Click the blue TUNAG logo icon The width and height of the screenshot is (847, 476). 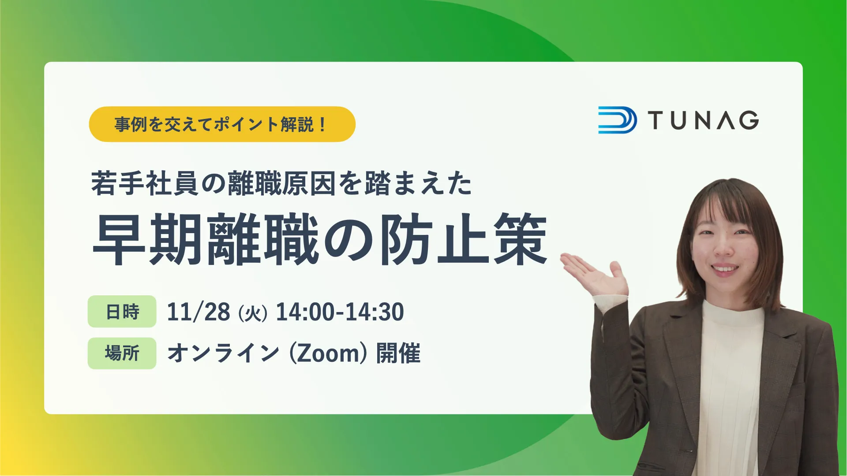617,120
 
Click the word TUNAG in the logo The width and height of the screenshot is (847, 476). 704,120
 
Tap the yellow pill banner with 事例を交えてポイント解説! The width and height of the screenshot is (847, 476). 222,124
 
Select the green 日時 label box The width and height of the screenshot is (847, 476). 122,312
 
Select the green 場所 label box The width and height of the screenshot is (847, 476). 122,353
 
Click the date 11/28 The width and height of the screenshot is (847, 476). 199,312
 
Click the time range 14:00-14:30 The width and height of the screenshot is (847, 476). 340,312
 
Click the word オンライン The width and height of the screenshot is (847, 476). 223,353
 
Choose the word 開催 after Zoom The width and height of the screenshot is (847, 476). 398,353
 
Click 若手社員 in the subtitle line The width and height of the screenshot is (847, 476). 145,183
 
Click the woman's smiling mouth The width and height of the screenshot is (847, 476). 724,268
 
